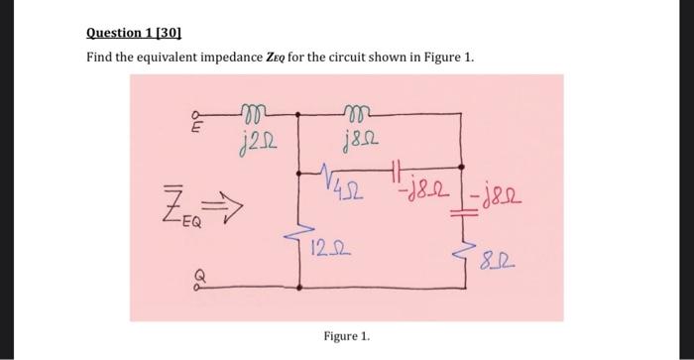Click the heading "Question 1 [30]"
pyautogui.click(x=132, y=33)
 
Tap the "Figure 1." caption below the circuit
pyautogui.click(x=347, y=336)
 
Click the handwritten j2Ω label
pyautogui.click(x=256, y=147)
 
